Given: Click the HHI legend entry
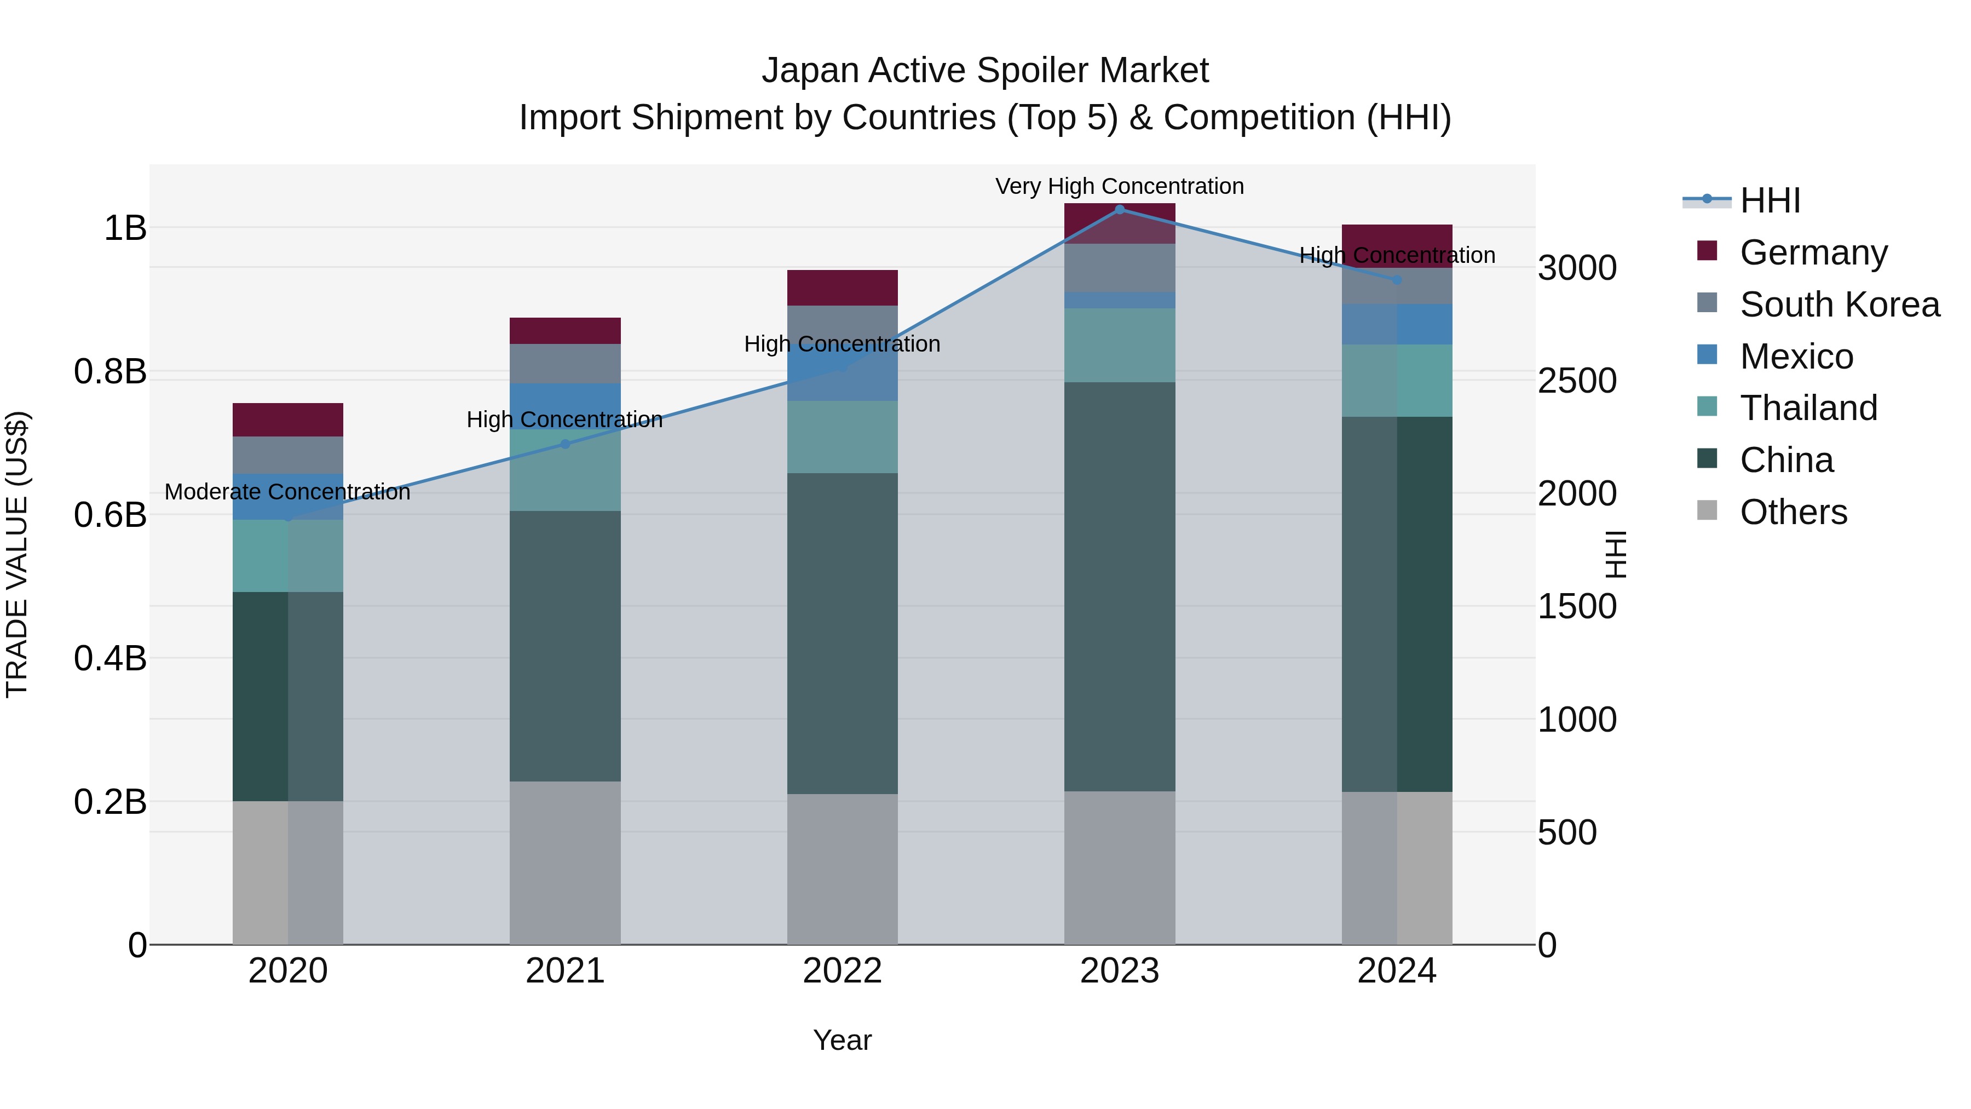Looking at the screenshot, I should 1769,200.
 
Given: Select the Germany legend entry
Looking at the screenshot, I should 1813,252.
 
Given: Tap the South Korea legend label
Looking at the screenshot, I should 1840,304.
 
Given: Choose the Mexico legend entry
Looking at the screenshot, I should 1796,357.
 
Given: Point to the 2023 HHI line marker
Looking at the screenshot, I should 1120,210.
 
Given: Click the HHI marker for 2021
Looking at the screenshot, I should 564,444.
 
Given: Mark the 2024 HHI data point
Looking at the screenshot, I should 1396,280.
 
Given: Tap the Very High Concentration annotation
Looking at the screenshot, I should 1120,186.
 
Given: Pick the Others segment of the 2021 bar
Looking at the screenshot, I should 564,863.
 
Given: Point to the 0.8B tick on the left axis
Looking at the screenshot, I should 110,372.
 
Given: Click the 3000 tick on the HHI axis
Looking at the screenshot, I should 1577,269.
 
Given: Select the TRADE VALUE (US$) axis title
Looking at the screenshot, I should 17,554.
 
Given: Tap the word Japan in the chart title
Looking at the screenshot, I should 810,71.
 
